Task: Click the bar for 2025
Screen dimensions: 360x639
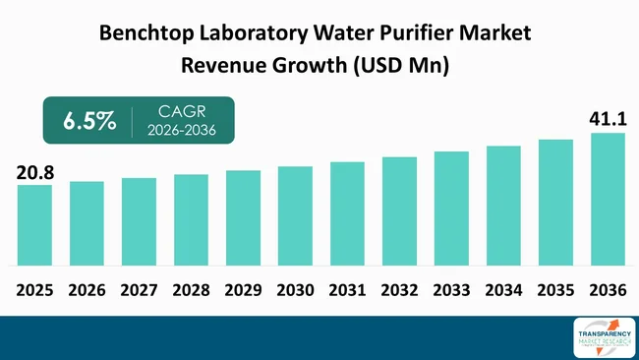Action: pos(34,225)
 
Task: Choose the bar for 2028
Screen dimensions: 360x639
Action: pos(191,220)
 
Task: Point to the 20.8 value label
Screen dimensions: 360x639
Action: pos(34,173)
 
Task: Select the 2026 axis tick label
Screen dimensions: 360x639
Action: pos(87,291)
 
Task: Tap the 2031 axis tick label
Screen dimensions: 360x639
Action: pos(347,291)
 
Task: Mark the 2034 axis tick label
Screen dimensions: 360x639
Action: pos(503,291)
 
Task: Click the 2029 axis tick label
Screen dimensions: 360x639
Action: pos(243,291)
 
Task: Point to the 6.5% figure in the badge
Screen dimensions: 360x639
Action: pos(89,121)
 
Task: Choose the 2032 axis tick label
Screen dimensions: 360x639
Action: pos(399,291)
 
